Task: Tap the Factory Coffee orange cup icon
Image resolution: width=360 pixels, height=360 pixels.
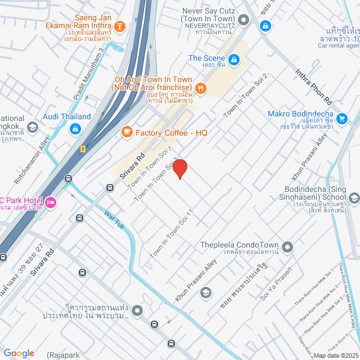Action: (x=127, y=132)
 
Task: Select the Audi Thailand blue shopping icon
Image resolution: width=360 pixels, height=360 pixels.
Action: (x=74, y=129)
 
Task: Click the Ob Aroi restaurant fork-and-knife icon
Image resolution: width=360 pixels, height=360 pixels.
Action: (x=200, y=88)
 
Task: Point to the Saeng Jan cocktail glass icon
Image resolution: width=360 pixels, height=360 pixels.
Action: (x=119, y=26)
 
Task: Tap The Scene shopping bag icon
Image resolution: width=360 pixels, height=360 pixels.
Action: (x=234, y=58)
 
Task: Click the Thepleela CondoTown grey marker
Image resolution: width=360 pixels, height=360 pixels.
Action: (x=288, y=246)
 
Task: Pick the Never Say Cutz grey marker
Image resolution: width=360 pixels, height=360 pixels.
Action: (x=244, y=21)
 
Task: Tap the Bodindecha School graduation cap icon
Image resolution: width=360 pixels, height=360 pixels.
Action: (x=354, y=197)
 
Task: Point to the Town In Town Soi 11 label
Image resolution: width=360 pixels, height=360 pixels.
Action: (x=172, y=234)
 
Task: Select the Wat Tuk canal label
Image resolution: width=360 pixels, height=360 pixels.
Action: (x=114, y=219)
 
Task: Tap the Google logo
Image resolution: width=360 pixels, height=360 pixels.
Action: (x=18, y=353)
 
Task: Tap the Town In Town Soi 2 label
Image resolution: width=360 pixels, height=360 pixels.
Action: (x=245, y=95)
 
